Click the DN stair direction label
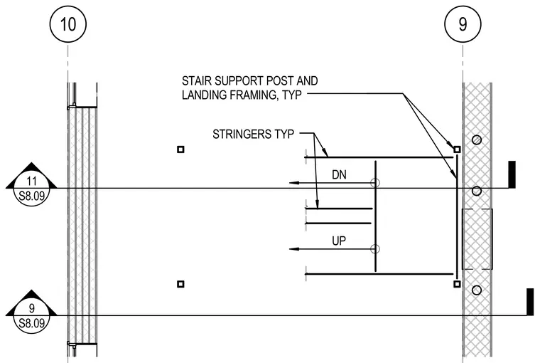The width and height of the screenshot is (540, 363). point(339,175)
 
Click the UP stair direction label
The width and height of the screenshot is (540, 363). point(339,241)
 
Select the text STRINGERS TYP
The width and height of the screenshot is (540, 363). point(254,135)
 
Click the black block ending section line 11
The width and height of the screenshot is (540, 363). point(512,174)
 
